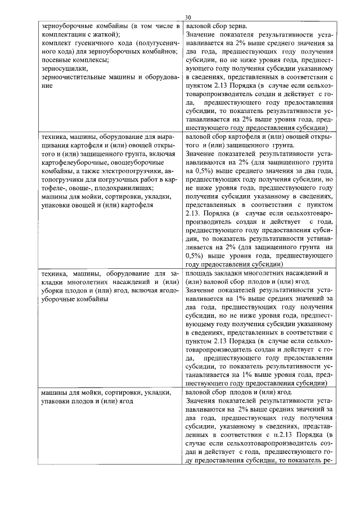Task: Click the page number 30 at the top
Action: pyautogui.click(x=187, y=17)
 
